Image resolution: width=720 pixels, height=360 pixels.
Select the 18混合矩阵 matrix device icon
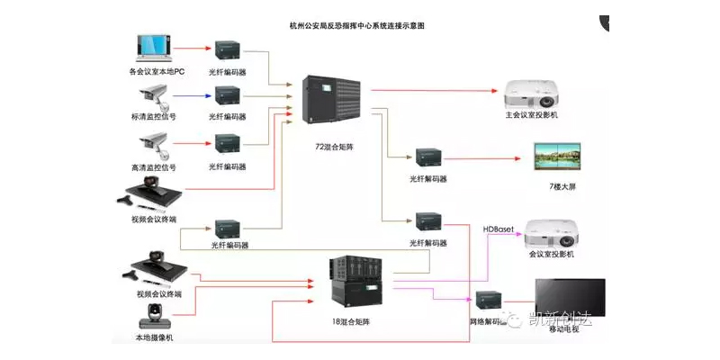(x=355, y=280)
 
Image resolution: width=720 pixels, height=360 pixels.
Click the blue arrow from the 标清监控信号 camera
(x=190, y=94)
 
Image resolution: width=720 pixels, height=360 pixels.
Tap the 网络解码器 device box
(x=490, y=301)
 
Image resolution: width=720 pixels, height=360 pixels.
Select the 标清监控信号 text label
(x=153, y=118)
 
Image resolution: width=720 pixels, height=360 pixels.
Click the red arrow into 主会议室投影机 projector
(x=432, y=90)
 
